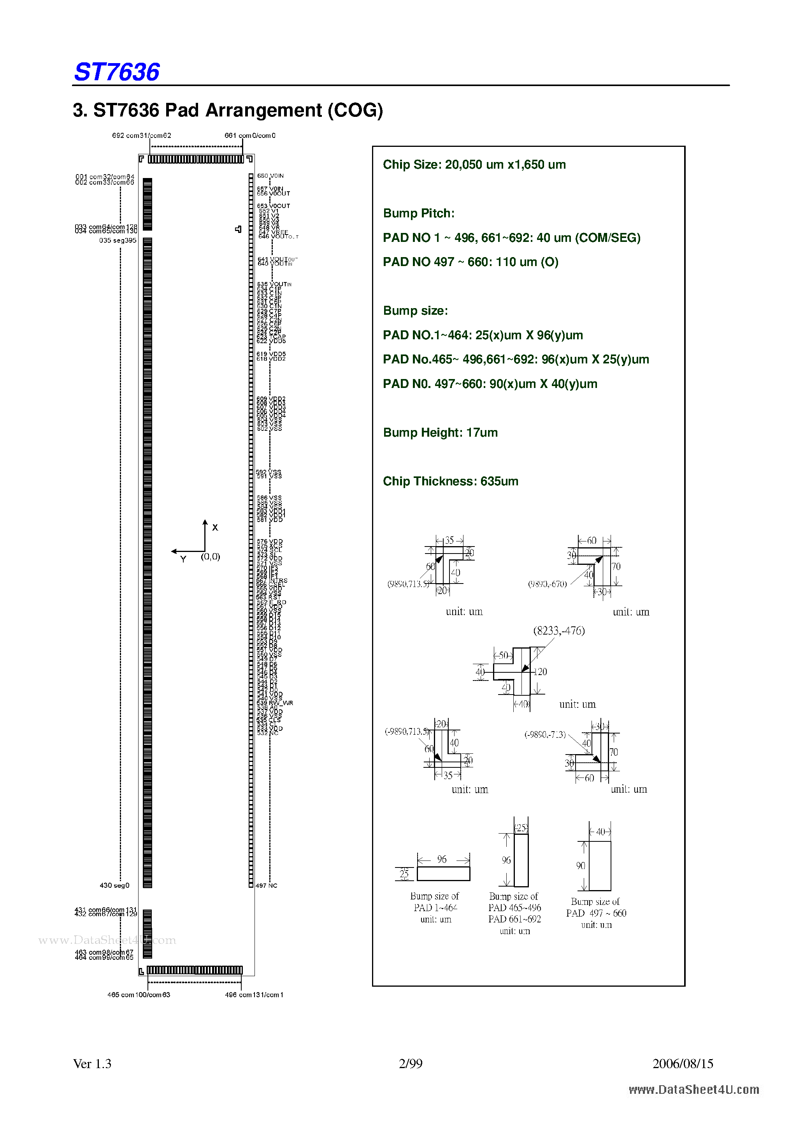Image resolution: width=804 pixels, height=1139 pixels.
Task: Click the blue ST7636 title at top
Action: [117, 72]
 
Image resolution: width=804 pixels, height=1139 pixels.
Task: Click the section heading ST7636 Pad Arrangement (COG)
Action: [228, 110]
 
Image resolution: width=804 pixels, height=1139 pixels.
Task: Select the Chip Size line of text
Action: [474, 165]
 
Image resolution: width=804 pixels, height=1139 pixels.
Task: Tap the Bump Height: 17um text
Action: [440, 433]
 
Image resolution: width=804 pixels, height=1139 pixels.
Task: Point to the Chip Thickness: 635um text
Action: [450, 481]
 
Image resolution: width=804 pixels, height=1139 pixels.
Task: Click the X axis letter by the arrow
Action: [215, 528]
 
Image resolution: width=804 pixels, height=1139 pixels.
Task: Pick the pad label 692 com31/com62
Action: [141, 136]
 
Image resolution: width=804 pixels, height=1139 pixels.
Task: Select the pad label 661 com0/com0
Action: [250, 136]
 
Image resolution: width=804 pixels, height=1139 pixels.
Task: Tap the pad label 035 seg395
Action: [118, 241]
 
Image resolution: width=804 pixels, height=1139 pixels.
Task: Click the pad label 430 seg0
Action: [114, 885]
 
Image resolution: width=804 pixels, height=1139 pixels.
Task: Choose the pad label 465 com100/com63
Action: [139, 994]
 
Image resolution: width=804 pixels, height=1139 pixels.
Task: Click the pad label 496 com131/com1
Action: [254, 994]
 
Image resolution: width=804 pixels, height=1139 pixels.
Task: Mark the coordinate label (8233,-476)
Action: [559, 631]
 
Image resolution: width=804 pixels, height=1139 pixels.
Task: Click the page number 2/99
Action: [411, 1063]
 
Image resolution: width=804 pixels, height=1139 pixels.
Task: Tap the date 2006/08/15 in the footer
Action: [683, 1063]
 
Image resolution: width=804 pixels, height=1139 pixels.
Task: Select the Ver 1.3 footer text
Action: [92, 1063]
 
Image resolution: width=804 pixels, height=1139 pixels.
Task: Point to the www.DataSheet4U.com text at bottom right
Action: [693, 1090]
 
